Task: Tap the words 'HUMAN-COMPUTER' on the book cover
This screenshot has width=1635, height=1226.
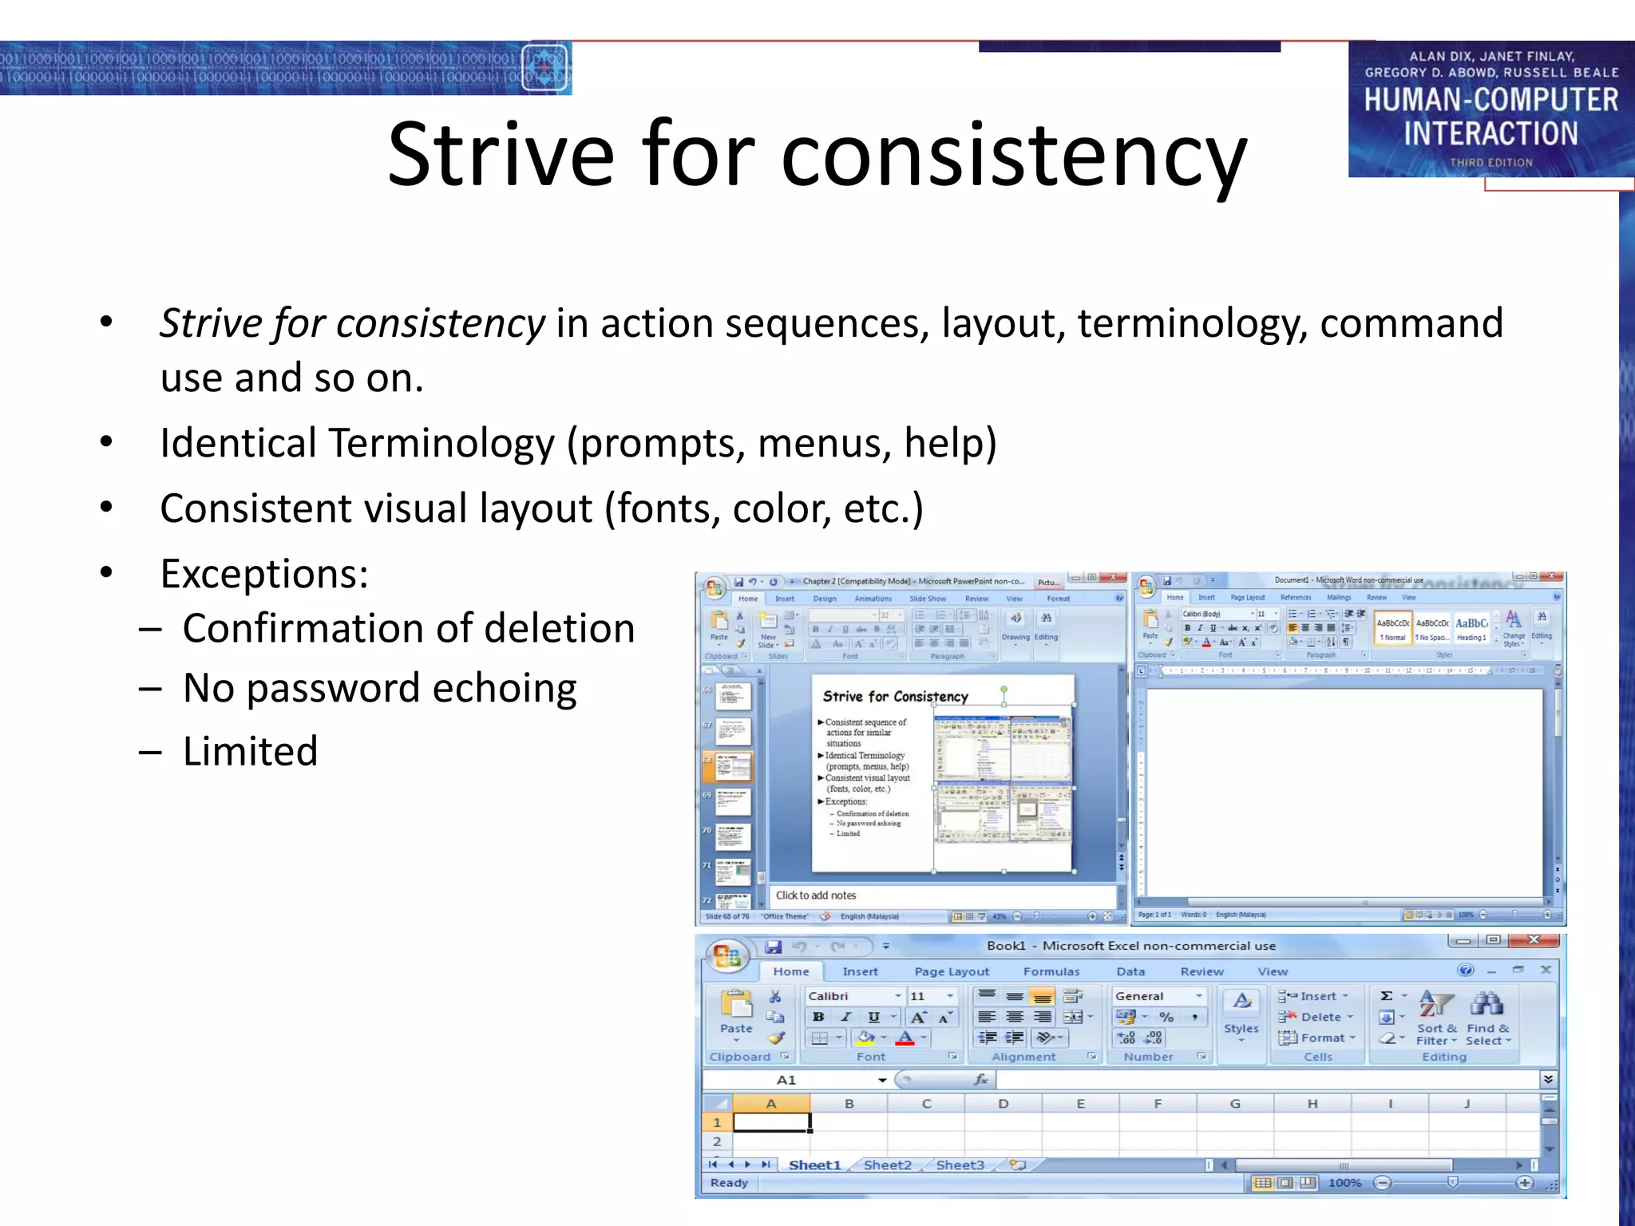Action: (x=1491, y=100)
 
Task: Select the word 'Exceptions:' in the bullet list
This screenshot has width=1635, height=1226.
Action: (x=264, y=574)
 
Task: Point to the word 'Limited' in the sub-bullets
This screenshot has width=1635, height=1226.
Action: (x=250, y=751)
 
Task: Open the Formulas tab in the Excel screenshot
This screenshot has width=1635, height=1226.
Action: (x=1051, y=971)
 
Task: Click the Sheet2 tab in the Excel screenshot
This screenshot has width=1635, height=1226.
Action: (x=887, y=1165)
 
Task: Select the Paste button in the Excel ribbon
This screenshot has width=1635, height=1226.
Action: (x=736, y=1014)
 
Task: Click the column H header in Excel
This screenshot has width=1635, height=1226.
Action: (x=1312, y=1104)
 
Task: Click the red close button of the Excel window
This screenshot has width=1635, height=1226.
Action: (x=1533, y=940)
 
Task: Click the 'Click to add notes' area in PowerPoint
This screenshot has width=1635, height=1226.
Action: (x=816, y=896)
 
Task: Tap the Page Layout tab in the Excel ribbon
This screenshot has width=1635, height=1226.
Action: (x=952, y=971)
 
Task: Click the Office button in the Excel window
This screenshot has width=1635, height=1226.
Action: (x=727, y=955)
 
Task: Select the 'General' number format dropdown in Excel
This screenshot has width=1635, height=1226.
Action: (x=1158, y=996)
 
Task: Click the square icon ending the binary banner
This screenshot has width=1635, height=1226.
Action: (x=545, y=68)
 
